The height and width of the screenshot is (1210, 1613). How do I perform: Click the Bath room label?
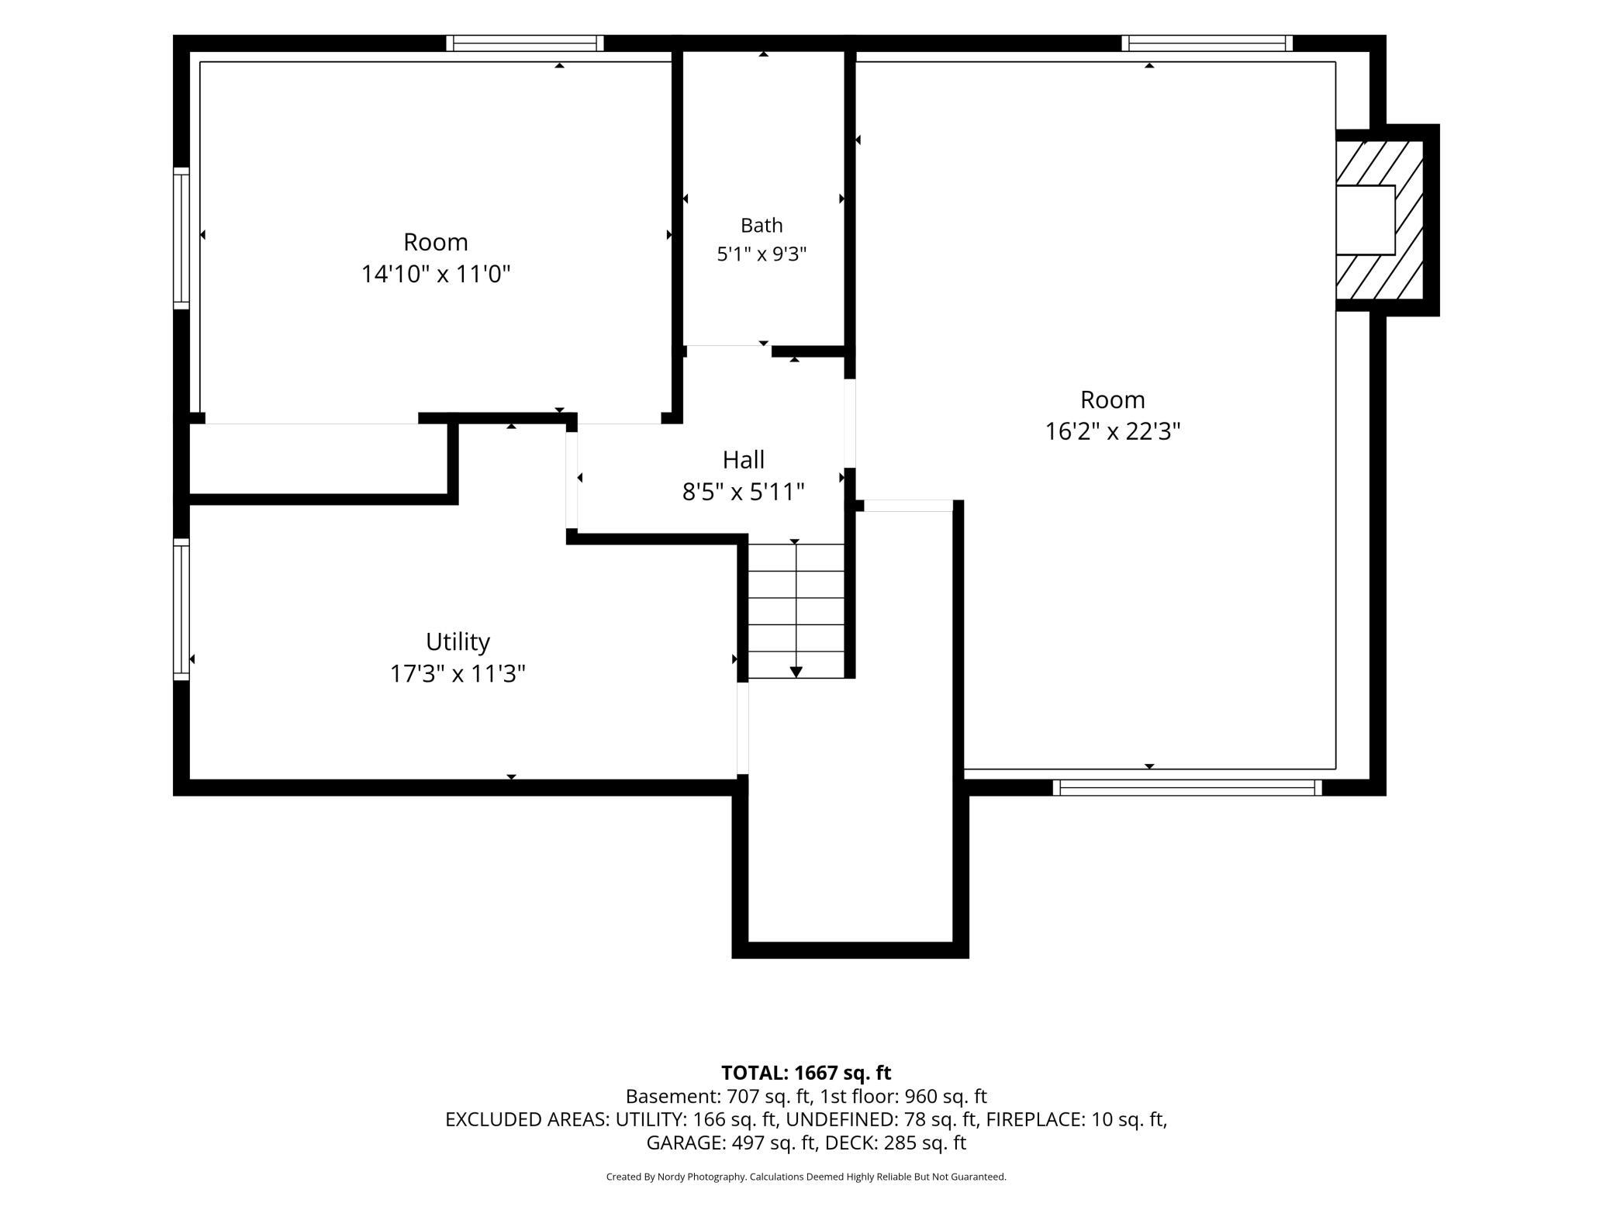(762, 226)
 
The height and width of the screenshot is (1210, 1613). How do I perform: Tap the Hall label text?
(744, 460)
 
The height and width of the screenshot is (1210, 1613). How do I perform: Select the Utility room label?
(458, 642)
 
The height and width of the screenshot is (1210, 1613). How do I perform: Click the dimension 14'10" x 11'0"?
(436, 275)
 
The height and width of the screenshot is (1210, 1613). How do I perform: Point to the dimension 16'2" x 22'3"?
(1113, 431)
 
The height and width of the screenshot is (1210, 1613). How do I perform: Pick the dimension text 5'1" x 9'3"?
(762, 254)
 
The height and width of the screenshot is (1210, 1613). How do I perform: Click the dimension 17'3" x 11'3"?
(458, 674)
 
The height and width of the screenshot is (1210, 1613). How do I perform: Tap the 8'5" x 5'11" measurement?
(744, 492)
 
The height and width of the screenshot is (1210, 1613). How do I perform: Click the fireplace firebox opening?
(1365, 220)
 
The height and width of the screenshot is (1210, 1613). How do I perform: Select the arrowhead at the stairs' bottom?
(796, 672)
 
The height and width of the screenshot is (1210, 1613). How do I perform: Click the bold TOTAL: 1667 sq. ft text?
(806, 1073)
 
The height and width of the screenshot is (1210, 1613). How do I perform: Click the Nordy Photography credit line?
(806, 1177)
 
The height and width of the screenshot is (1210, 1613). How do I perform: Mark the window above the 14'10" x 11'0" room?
(525, 43)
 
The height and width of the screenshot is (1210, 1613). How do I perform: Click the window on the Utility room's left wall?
(181, 609)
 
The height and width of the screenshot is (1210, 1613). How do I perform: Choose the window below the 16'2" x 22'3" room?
(1187, 788)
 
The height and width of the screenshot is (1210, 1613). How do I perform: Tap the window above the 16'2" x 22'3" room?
(1207, 43)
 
